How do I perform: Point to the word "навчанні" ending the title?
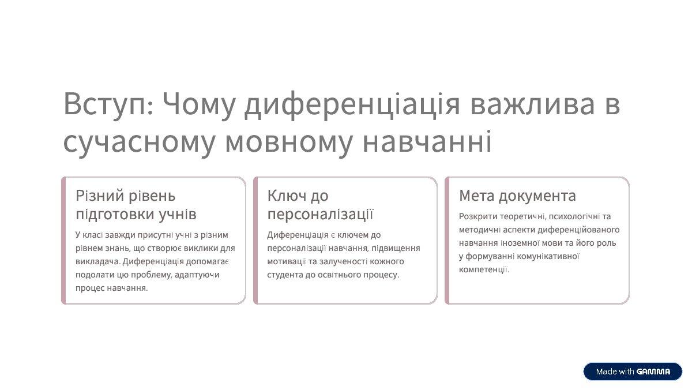(427, 142)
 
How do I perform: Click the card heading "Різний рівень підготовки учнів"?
(136, 205)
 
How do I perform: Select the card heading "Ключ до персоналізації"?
(321, 205)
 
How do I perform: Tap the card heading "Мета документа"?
(517, 196)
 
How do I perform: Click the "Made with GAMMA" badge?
(633, 372)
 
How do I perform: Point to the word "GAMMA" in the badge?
(653, 372)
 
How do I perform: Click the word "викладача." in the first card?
(93, 261)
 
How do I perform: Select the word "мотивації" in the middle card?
(286, 261)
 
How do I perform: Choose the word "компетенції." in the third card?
(484, 269)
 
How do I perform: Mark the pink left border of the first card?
(63, 240)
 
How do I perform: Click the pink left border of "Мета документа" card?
(447, 240)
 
